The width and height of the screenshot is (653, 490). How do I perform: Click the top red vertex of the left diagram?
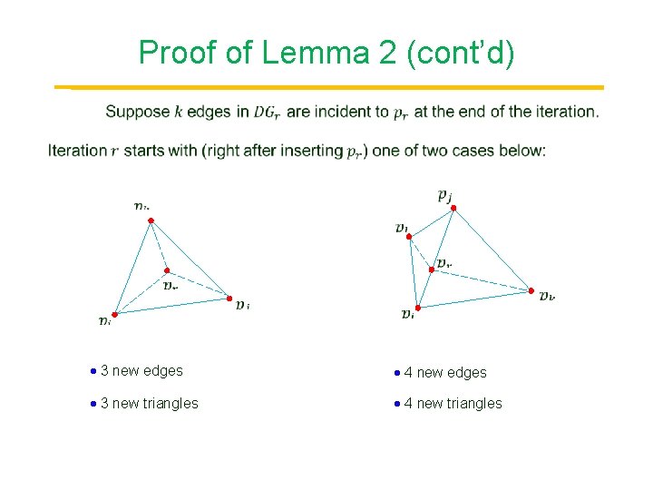(151, 220)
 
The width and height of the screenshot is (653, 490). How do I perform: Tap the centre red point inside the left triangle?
(166, 270)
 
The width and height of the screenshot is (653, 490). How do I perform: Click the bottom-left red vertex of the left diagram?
(114, 314)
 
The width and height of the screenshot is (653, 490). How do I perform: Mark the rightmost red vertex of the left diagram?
(229, 296)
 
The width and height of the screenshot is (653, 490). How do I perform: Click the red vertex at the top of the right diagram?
(453, 208)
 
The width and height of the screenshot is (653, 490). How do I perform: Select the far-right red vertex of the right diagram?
(531, 290)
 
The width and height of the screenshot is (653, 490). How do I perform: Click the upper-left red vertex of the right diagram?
(409, 237)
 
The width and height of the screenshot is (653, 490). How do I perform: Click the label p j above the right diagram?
(444, 193)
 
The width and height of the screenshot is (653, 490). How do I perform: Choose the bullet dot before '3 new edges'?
(94, 371)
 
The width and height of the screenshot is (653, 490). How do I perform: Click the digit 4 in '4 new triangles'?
(408, 404)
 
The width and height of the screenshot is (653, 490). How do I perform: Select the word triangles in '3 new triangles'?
(170, 404)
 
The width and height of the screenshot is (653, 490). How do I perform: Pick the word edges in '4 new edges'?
(466, 373)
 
